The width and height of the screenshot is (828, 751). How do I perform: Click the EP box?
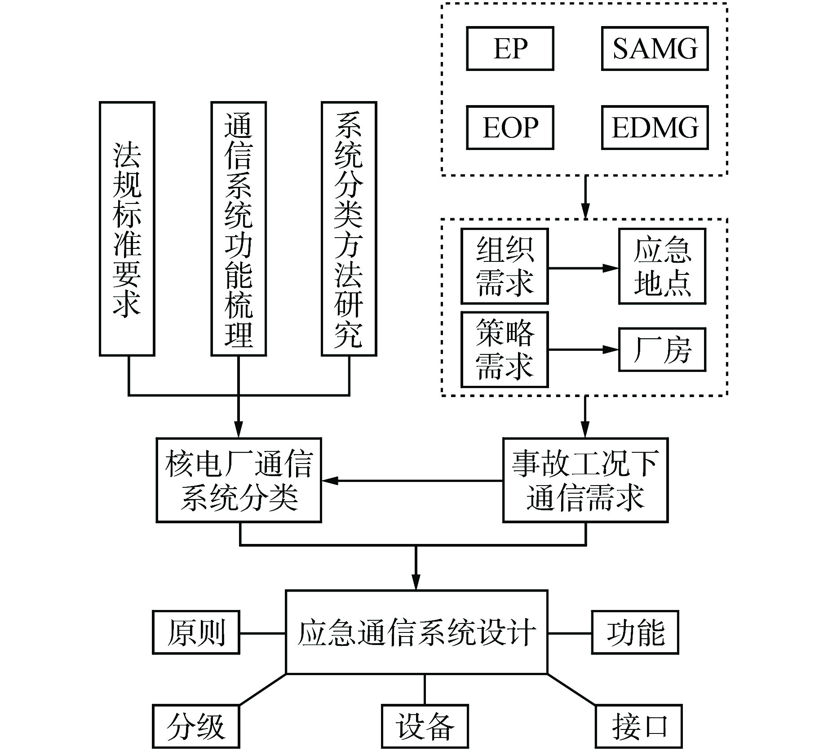pyautogui.click(x=510, y=49)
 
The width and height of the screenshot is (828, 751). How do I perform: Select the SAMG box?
pyautogui.click(x=655, y=49)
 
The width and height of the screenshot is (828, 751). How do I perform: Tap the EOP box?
pyautogui.click(x=510, y=128)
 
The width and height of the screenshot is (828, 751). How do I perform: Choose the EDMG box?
pyautogui.click(x=655, y=128)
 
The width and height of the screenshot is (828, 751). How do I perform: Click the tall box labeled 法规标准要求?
pyautogui.click(x=127, y=229)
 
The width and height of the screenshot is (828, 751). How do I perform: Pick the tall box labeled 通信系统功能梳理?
pyautogui.click(x=239, y=229)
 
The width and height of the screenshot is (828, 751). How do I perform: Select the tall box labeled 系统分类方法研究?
pyautogui.click(x=349, y=229)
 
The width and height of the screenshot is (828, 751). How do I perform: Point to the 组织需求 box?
pyautogui.click(x=505, y=266)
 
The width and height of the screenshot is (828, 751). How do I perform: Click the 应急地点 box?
pyautogui.click(x=662, y=266)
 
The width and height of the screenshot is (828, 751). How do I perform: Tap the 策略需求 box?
pyautogui.click(x=505, y=349)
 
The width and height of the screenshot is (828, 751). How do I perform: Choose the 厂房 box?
pyautogui.click(x=662, y=349)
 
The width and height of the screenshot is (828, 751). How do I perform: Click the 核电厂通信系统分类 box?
pyautogui.click(x=239, y=480)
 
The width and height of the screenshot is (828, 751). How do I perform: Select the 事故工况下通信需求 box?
pyautogui.click(x=585, y=480)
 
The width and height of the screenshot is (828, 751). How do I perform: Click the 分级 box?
pyautogui.click(x=196, y=726)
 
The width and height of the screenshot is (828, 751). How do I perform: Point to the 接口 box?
pyautogui.click(x=638, y=726)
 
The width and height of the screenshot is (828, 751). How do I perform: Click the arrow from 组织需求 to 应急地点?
pyautogui.click(x=583, y=268)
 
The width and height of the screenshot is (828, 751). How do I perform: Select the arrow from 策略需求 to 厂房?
pyautogui.click(x=583, y=349)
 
